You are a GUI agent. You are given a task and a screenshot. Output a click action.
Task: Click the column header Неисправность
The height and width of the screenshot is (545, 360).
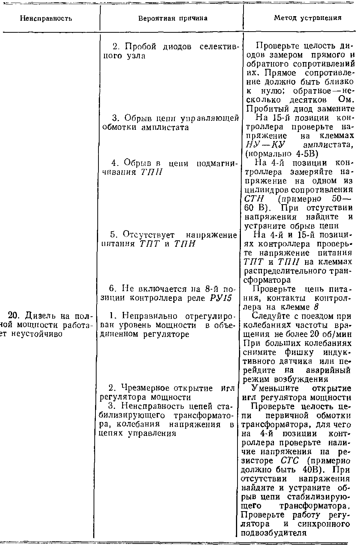(46, 18)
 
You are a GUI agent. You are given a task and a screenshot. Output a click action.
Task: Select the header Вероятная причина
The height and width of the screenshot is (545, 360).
(172, 18)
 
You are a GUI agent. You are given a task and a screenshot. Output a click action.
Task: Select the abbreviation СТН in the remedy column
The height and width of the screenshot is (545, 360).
(254, 199)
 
